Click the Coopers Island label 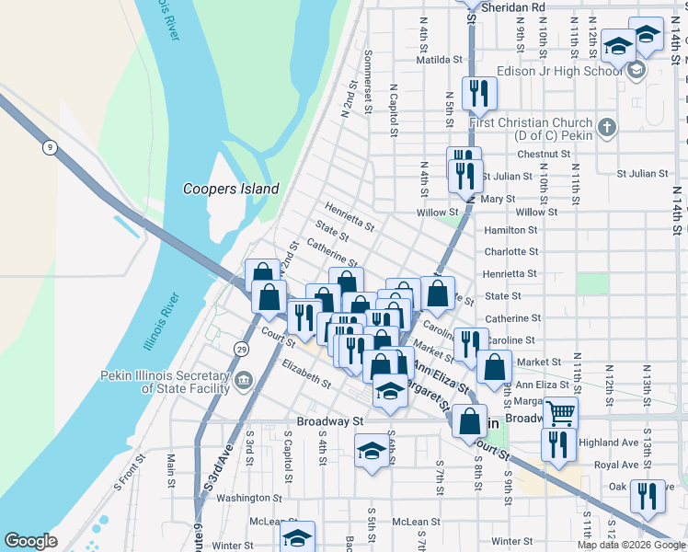tap(230, 189)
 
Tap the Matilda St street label tap(438, 59)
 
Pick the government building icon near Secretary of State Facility tap(244, 379)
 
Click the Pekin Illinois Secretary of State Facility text tap(166, 382)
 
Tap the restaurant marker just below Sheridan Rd tap(478, 92)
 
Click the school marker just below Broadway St tap(372, 451)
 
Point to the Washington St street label tap(243, 498)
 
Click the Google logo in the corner tap(31, 541)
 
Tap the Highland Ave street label tap(614, 443)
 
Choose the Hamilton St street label tap(510, 230)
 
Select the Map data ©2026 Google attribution tap(631, 545)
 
